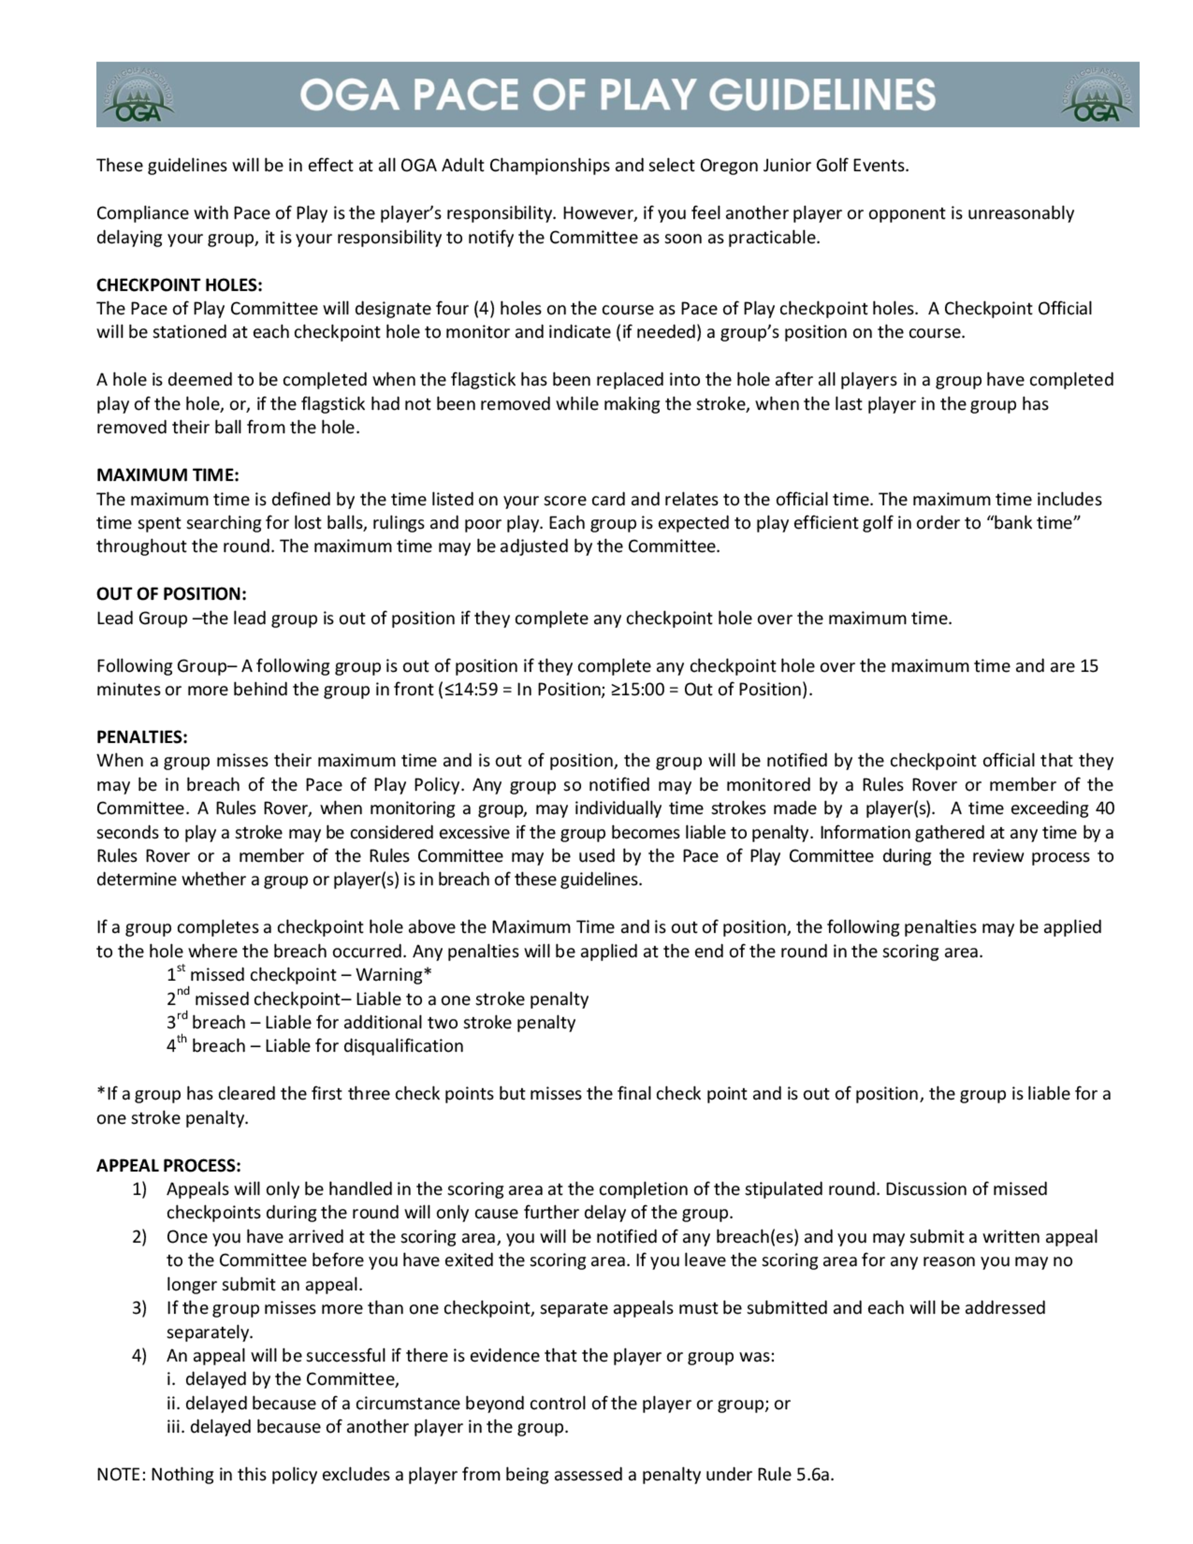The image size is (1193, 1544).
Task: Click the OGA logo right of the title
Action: coord(1097,95)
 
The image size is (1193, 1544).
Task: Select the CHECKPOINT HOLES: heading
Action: coord(179,285)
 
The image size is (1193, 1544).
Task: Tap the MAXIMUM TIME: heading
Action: coord(168,474)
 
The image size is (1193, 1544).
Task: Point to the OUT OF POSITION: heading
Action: coord(171,593)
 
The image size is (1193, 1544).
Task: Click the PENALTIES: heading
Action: coord(142,737)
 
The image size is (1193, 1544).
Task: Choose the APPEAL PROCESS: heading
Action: coord(168,1165)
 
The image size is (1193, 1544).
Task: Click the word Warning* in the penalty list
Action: coord(394,975)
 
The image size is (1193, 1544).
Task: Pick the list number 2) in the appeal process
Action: coord(139,1237)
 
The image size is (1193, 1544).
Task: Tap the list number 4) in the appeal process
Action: coord(139,1355)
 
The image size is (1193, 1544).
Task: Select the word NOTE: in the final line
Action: coord(122,1475)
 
